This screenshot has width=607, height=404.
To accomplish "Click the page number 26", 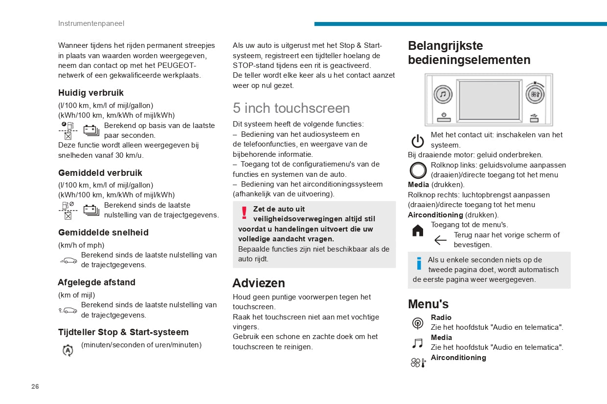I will [35, 386].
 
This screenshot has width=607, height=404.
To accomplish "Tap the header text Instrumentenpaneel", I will [91, 23].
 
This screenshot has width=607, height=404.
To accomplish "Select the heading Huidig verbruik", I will [91, 93].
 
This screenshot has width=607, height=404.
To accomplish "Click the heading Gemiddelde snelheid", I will [103, 233].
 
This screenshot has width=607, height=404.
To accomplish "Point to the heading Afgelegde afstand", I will [96, 282].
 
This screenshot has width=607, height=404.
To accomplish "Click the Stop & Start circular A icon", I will [68, 350].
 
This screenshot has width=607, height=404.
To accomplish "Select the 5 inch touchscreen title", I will [291, 108].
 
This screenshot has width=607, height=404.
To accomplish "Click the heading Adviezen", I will [258, 283].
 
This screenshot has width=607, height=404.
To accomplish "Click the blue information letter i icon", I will [419, 264].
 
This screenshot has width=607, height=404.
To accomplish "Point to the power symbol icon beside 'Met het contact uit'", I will [418, 141].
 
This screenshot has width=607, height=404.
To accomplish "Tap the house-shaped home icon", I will [418, 231].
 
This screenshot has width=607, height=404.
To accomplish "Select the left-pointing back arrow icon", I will [440, 240].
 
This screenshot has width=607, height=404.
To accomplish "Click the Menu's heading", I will [428, 304].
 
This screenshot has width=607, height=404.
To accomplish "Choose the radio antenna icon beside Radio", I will [418, 323].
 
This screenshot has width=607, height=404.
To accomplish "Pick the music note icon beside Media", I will [417, 343].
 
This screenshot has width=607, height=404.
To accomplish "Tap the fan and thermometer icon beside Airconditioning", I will [418, 362].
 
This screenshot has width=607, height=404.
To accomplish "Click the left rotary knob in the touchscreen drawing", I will [443, 94].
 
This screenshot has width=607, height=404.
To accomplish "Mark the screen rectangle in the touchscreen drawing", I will [489, 102].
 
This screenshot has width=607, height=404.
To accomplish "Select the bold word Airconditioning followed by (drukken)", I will [435, 215].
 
